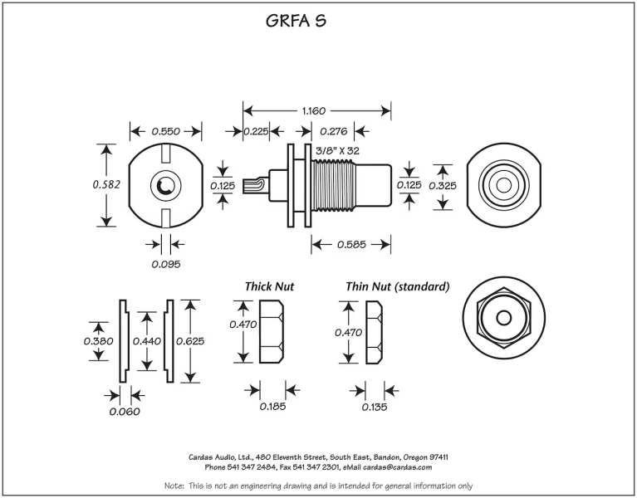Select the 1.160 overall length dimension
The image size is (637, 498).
tap(316, 110)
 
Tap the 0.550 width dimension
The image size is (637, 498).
tap(166, 131)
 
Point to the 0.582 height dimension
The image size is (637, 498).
tap(107, 184)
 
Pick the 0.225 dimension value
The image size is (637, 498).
tap(257, 131)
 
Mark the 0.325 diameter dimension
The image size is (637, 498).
tap(443, 185)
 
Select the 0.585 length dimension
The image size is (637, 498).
tap(351, 245)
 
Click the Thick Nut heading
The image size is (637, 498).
tap(269, 286)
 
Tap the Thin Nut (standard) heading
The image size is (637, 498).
tap(398, 286)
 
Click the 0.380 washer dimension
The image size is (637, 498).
tap(99, 341)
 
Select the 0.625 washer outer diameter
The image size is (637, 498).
tap(190, 341)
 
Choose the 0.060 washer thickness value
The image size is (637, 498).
tap(124, 411)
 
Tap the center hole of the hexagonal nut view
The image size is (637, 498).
tap(503, 318)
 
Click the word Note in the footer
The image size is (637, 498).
tap(173, 486)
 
